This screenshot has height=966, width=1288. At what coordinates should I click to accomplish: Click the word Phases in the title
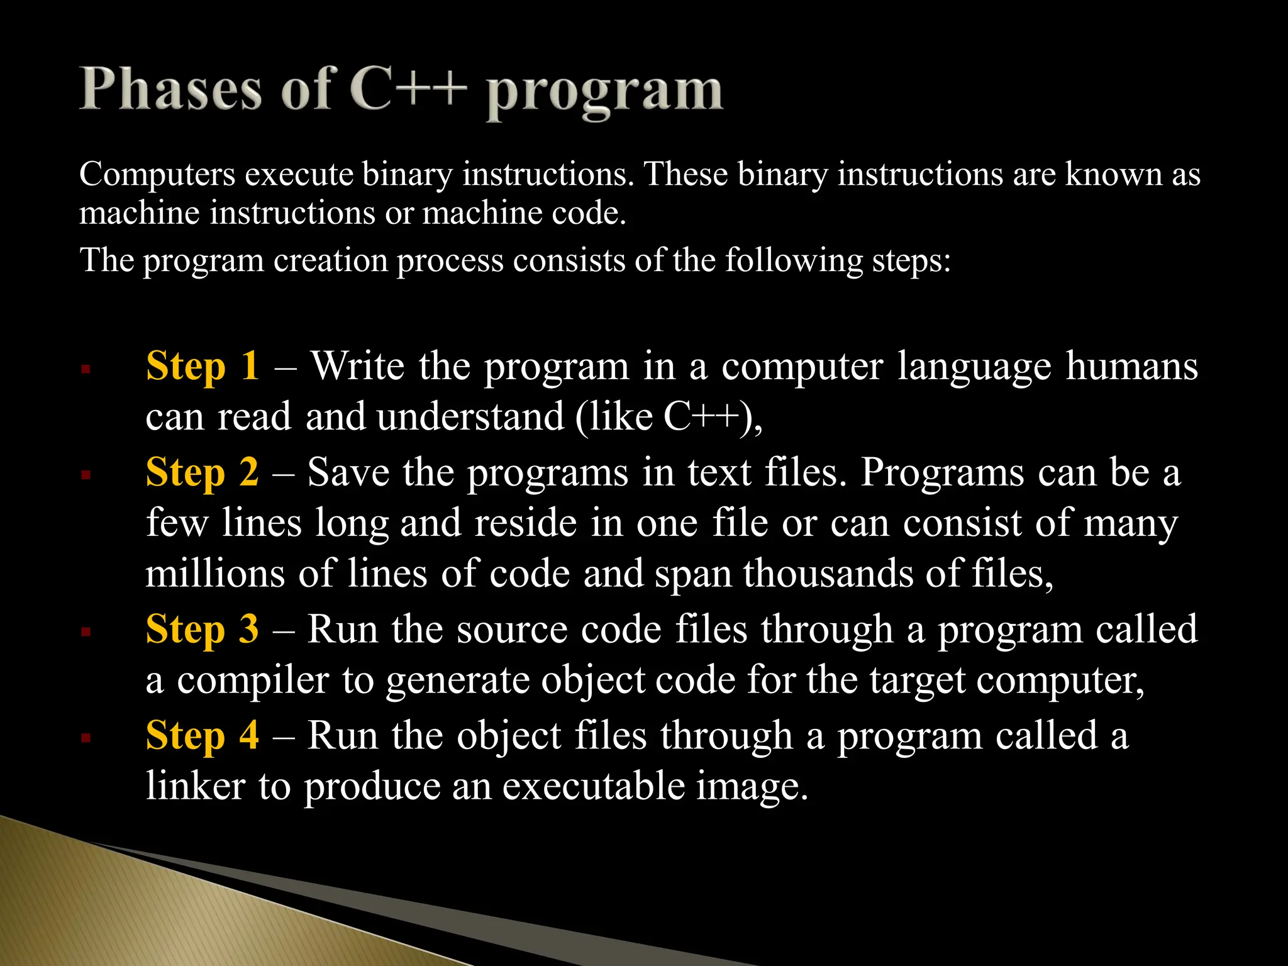point(170,90)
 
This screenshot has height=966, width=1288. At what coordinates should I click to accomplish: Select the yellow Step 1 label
point(202,365)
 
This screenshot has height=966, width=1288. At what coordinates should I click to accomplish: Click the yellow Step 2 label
point(202,472)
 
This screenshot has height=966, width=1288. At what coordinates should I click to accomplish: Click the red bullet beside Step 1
point(86,369)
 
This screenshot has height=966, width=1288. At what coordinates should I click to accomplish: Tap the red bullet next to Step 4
point(86,738)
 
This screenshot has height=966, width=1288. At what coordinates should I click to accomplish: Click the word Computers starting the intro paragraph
point(157,174)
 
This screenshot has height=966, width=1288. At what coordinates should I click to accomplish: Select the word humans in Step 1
point(1131,365)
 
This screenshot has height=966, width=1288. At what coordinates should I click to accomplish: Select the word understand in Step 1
point(471,416)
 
